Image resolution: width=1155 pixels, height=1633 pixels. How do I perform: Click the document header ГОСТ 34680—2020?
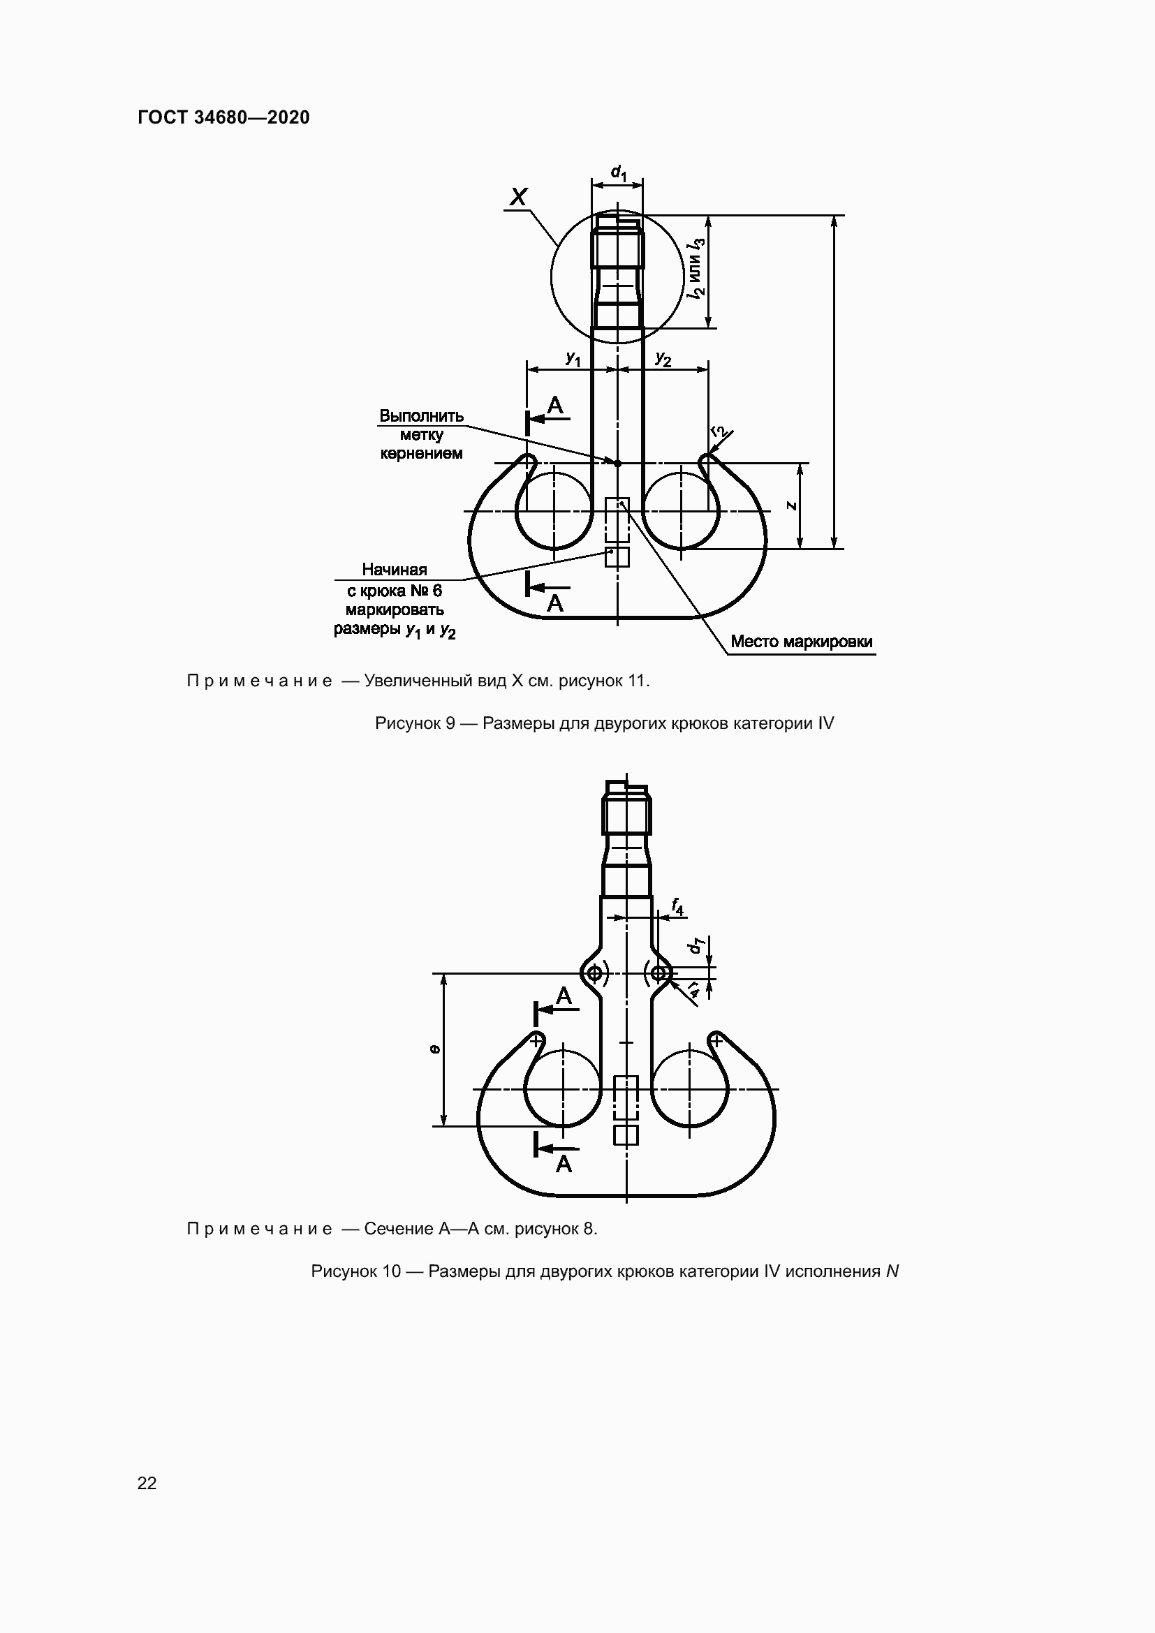point(223,118)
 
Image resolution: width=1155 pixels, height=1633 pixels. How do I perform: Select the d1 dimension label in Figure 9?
point(619,173)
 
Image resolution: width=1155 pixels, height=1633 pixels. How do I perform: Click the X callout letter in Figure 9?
point(519,197)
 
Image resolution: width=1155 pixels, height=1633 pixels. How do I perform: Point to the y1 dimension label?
point(573,359)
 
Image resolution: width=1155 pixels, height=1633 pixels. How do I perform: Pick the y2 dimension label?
point(663,359)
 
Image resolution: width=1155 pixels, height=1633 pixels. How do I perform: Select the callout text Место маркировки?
point(802,642)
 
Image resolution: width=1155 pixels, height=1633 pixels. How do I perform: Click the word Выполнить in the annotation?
point(421,416)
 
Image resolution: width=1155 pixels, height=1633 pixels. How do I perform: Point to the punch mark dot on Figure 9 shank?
point(617,463)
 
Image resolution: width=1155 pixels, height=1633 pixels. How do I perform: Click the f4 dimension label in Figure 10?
point(677,907)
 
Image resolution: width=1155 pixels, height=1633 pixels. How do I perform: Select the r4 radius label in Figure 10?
point(693,989)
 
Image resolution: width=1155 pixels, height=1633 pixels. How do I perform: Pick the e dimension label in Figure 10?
point(435,1049)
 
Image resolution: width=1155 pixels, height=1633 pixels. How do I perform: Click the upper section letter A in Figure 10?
point(564,996)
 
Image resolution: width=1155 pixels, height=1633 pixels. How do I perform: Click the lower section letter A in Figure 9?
point(554,604)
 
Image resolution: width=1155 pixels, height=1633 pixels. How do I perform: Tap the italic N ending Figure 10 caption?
point(892,1271)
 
